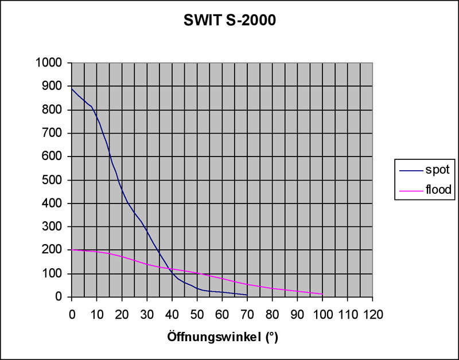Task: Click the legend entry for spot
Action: coord(441,170)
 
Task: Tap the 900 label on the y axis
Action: coord(55,87)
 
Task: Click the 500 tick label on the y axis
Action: coord(55,180)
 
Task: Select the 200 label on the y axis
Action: coord(55,250)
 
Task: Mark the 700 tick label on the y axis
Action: coord(55,133)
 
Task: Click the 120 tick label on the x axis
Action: coord(372,314)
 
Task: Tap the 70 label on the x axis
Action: coord(247,314)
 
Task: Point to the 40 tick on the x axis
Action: coord(172,314)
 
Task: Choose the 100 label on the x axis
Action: coord(322,314)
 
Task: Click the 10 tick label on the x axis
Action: coord(96,314)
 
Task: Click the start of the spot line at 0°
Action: coord(72,88)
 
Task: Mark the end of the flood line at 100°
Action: coord(322,294)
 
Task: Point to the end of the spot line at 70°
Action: coord(247,295)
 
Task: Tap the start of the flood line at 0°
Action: coord(72,250)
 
